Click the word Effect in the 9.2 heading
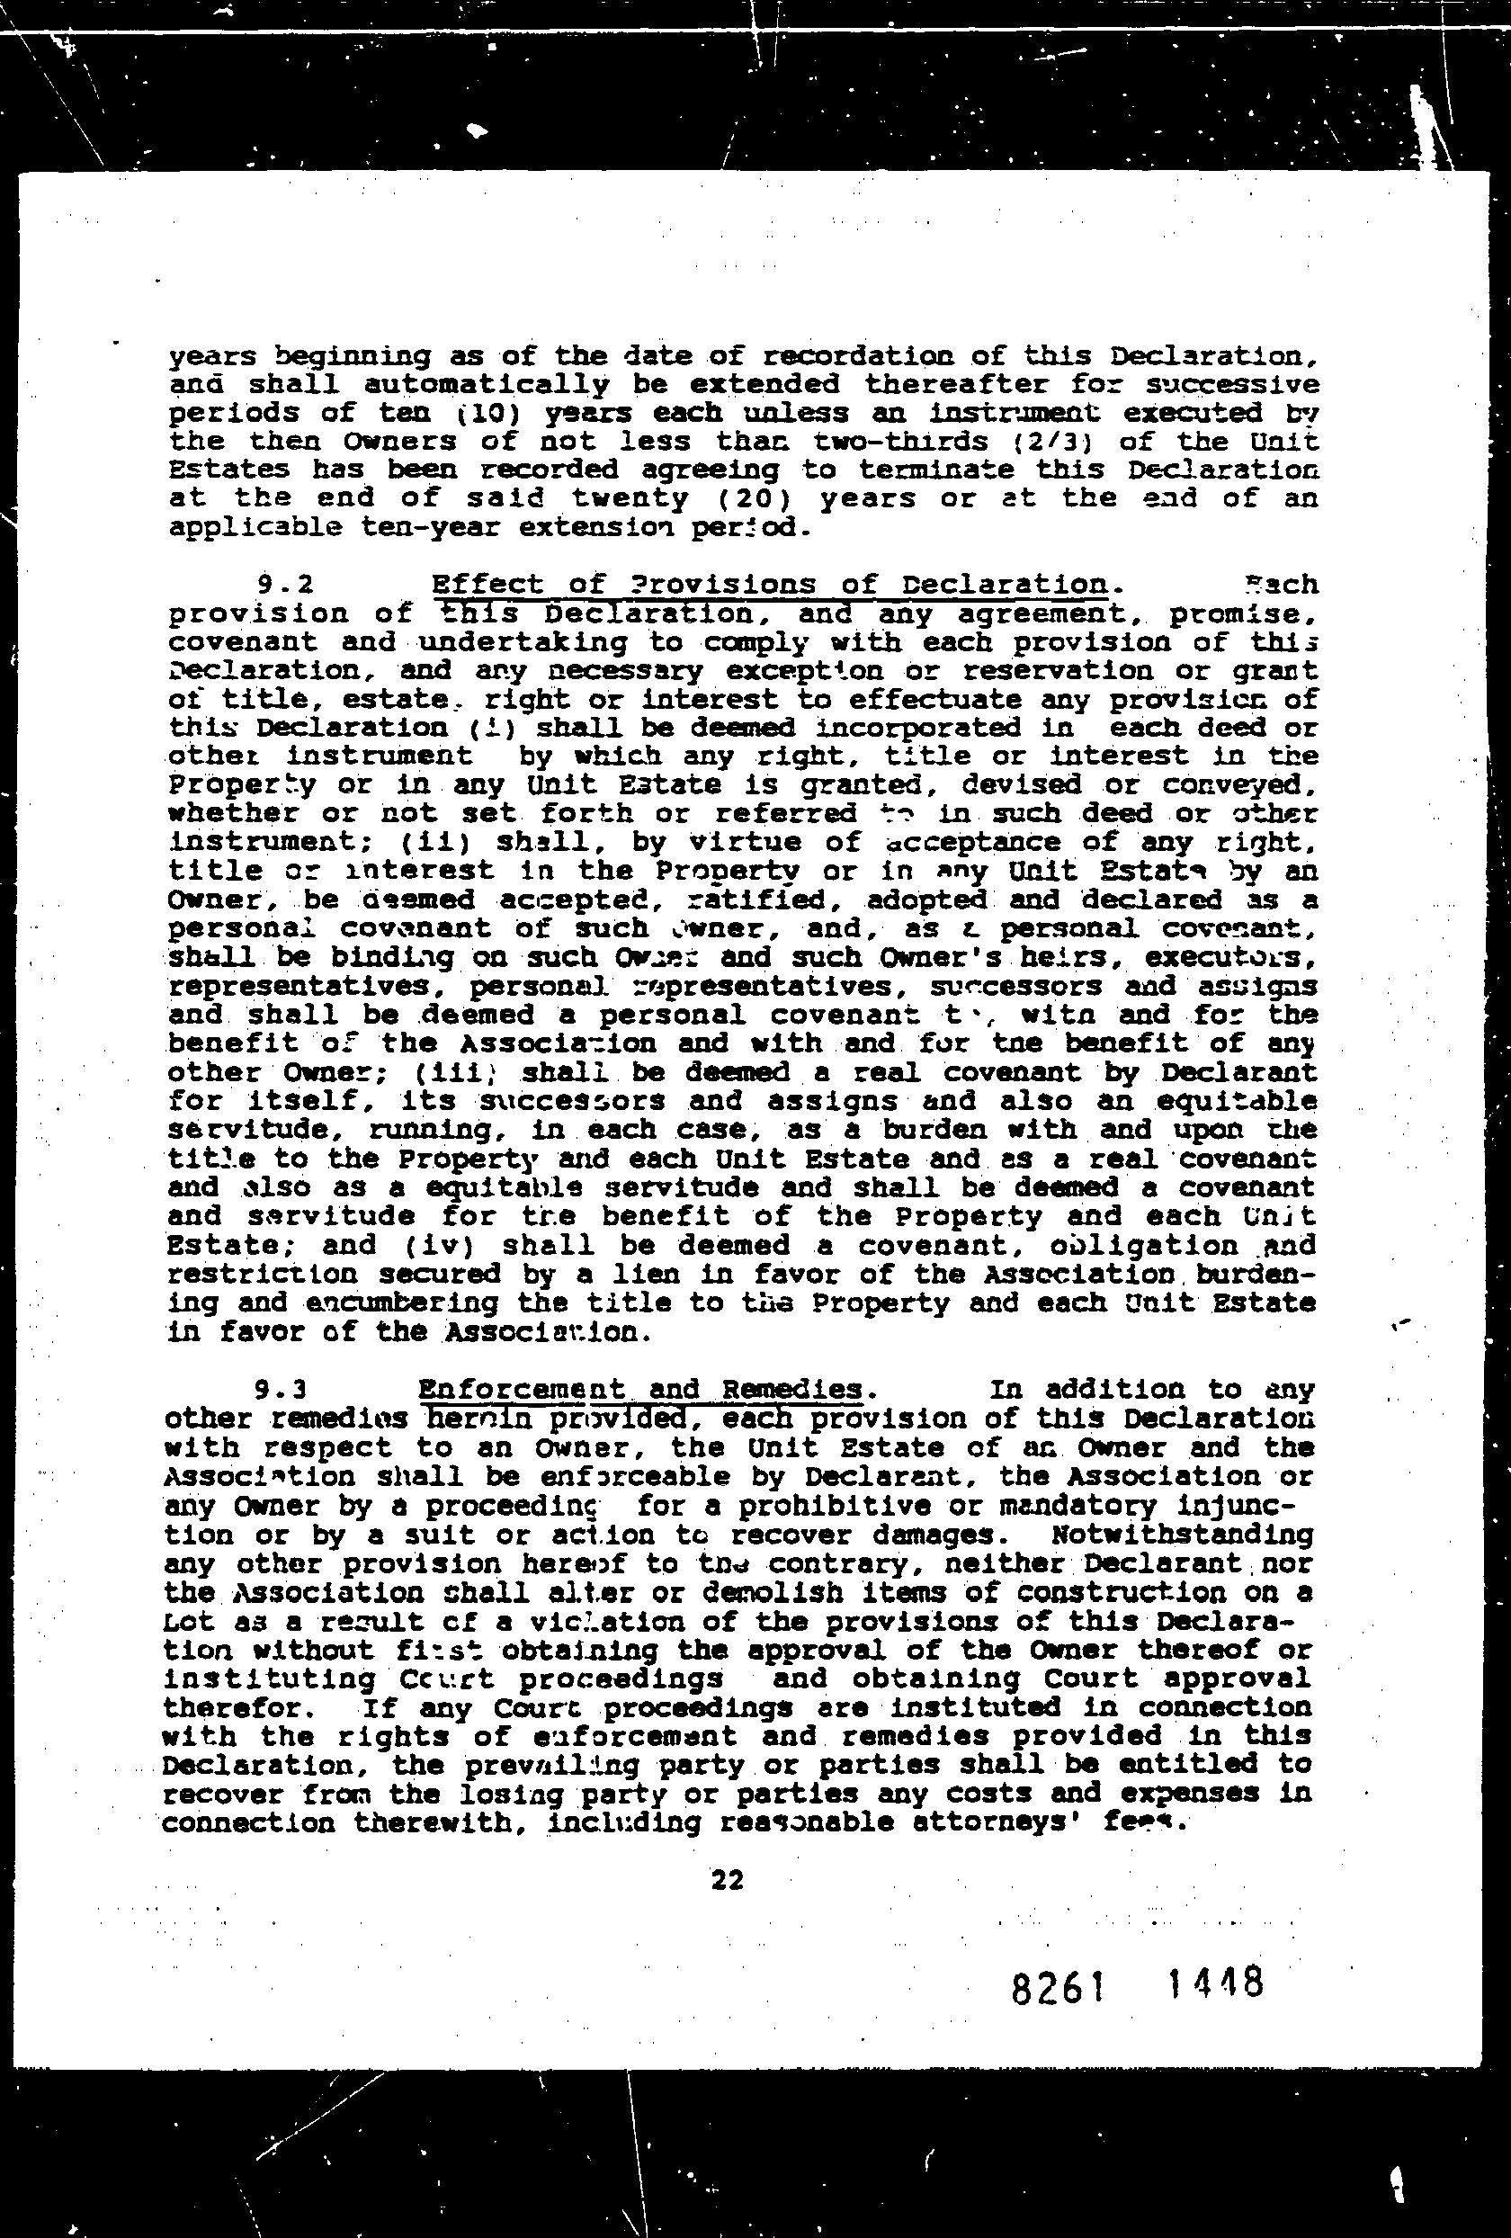pyautogui.click(x=479, y=585)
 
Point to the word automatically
pyautogui.click(x=487, y=385)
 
